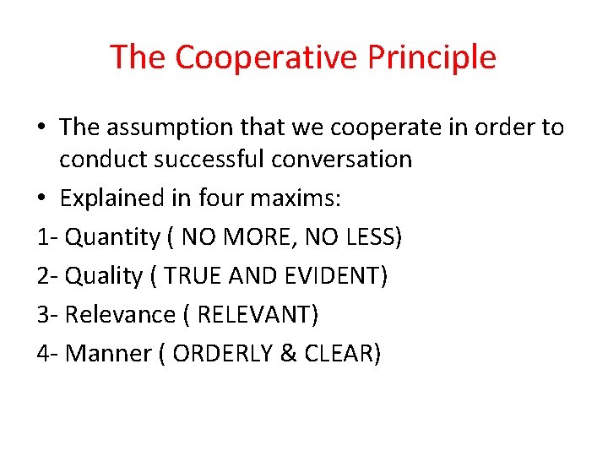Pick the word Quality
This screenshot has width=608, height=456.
[104, 276]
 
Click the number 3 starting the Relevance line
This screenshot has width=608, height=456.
[43, 315]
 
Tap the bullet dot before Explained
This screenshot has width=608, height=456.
[42, 199]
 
